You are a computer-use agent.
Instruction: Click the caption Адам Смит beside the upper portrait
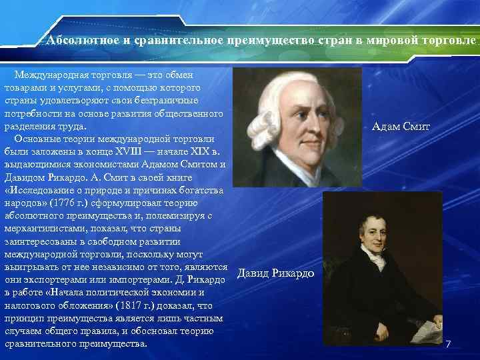click(x=401, y=126)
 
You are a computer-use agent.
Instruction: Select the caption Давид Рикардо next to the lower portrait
click(x=276, y=275)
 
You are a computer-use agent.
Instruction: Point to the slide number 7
click(x=449, y=344)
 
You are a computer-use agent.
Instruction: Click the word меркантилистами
click(x=43, y=228)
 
